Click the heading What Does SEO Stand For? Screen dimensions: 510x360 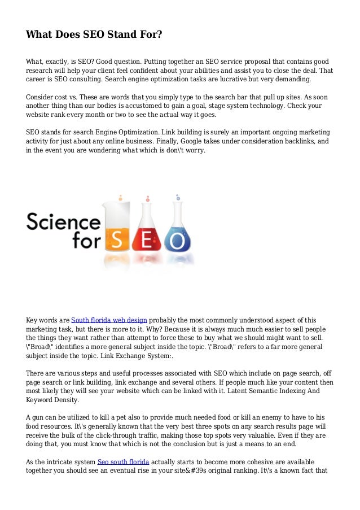[x=94, y=35]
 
